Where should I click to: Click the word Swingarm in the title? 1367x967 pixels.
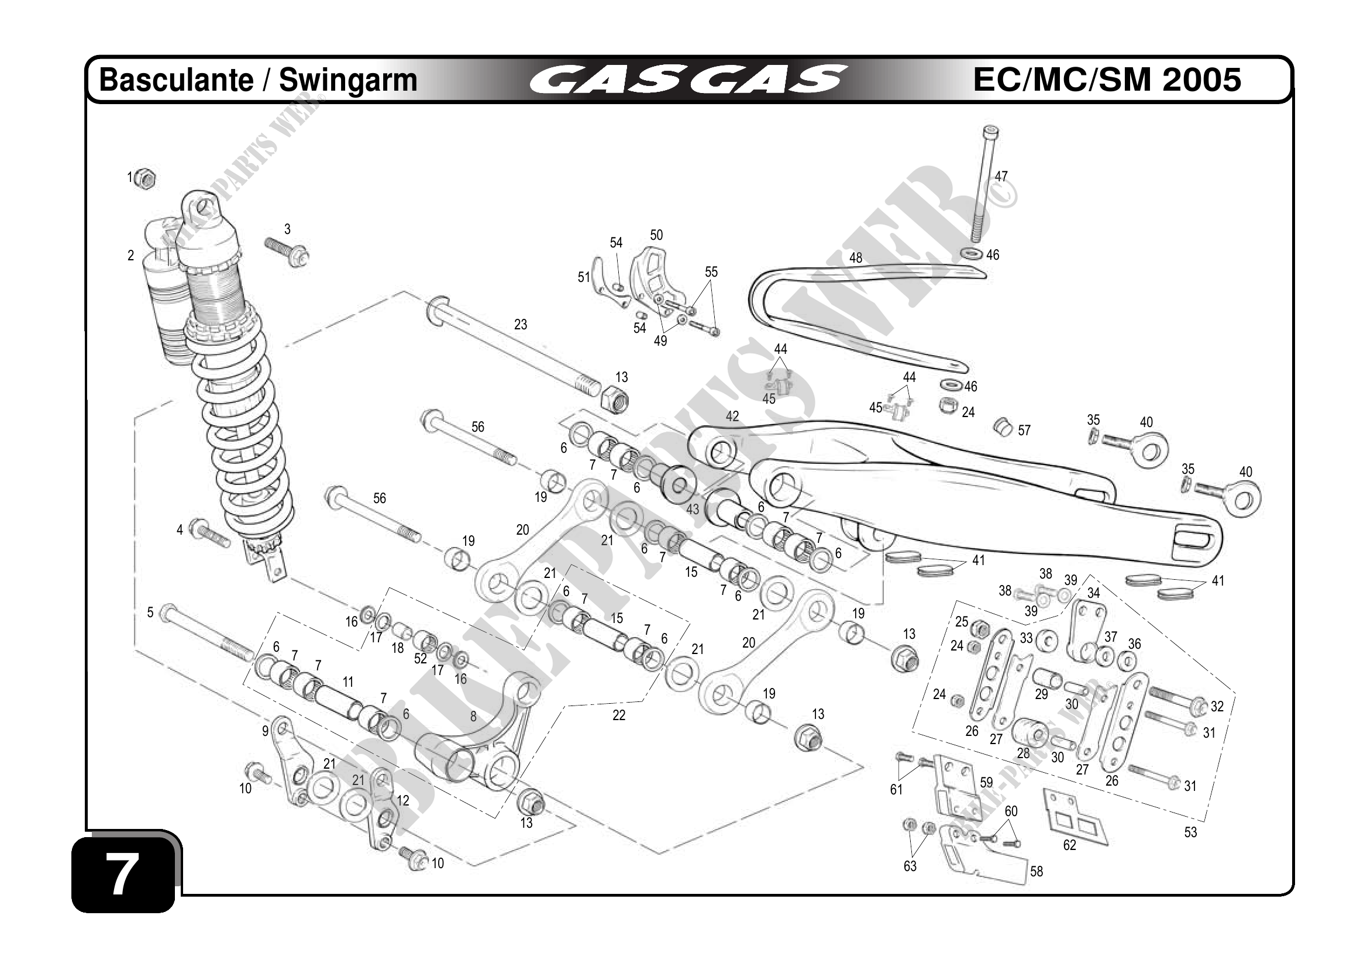tap(348, 80)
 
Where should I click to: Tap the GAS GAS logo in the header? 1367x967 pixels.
tap(688, 80)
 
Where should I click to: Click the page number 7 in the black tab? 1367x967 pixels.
tap(122, 874)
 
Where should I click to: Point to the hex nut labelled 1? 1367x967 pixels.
tap(144, 178)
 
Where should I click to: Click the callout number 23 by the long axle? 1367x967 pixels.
tap(521, 325)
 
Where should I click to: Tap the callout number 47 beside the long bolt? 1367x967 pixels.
tap(1001, 176)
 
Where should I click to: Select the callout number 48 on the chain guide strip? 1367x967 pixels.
tap(856, 258)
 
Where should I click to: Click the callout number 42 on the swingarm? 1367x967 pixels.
tap(732, 416)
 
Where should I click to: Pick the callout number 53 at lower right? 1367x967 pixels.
tap(1190, 832)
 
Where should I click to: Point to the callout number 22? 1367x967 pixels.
tap(619, 715)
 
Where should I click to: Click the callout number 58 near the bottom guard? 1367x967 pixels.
tap(1037, 872)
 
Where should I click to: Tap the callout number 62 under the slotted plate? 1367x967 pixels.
tap(1069, 845)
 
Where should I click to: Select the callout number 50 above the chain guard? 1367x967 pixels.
tap(656, 235)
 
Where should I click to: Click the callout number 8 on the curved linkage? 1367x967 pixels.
tap(473, 716)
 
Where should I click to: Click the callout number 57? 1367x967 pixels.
tap(1024, 431)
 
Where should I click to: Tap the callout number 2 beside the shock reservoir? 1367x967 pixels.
tap(131, 256)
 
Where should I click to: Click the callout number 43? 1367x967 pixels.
tap(693, 510)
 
